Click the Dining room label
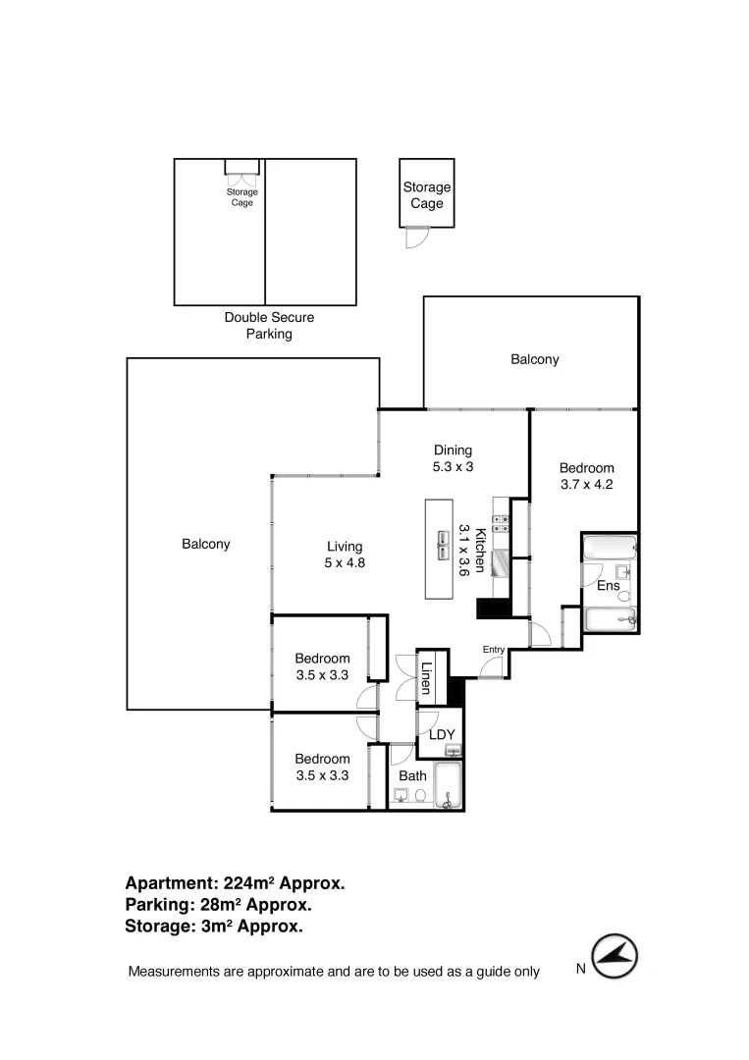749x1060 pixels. [x=454, y=458]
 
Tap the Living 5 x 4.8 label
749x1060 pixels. [x=346, y=555]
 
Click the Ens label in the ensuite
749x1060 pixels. [x=609, y=586]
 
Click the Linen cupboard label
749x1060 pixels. [x=427, y=678]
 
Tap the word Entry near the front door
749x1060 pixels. [x=493, y=650]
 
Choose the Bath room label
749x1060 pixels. [x=412, y=775]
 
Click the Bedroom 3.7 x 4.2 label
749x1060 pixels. [x=586, y=476]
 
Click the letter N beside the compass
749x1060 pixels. [x=580, y=969]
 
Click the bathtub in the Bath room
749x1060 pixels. [x=449, y=786]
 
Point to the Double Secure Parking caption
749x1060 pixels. [x=269, y=326]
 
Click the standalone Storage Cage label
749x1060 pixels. [x=426, y=195]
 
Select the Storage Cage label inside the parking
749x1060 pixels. [x=241, y=197]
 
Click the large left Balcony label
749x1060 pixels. [x=206, y=544]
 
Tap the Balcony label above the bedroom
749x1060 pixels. [x=534, y=359]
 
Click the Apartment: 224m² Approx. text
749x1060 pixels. [x=235, y=883]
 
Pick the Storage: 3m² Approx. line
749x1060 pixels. [x=213, y=926]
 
